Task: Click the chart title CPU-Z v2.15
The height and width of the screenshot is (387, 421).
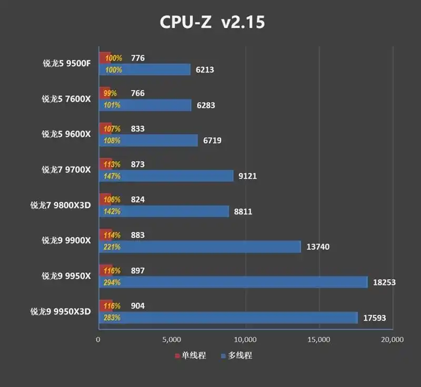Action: [x=213, y=22]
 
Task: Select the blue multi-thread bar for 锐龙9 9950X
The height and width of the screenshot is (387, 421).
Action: [x=233, y=282]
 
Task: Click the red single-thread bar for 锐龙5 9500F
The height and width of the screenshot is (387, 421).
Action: [x=104, y=58]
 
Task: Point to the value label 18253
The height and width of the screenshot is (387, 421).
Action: [x=384, y=282]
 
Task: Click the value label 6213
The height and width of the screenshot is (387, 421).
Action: [x=205, y=69]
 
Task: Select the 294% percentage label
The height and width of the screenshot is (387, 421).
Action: [x=113, y=282]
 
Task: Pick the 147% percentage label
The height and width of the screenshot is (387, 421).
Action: [x=113, y=176]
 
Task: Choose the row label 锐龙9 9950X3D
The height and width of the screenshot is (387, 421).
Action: [x=61, y=311]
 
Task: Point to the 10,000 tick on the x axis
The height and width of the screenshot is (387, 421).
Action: [x=245, y=340]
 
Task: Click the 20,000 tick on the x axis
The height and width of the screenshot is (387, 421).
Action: [x=393, y=340]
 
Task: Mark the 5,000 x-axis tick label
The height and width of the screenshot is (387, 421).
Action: [x=172, y=340]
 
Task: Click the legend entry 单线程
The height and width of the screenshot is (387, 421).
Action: [x=190, y=356]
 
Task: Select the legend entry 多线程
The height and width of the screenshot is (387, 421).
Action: [x=236, y=356]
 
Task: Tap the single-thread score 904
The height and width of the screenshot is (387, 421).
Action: [x=137, y=306]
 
